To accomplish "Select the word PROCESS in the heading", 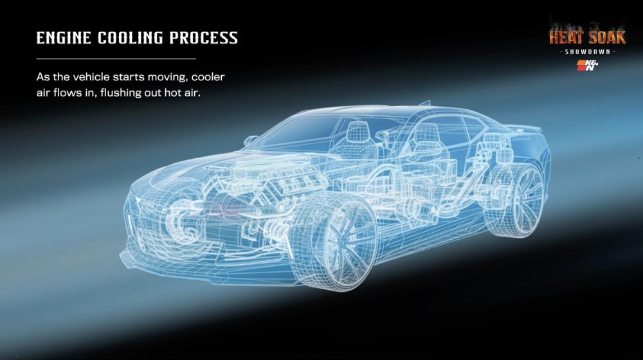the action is pyautogui.click(x=204, y=38).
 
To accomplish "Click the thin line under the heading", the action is pyautogui.click(x=116, y=59).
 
